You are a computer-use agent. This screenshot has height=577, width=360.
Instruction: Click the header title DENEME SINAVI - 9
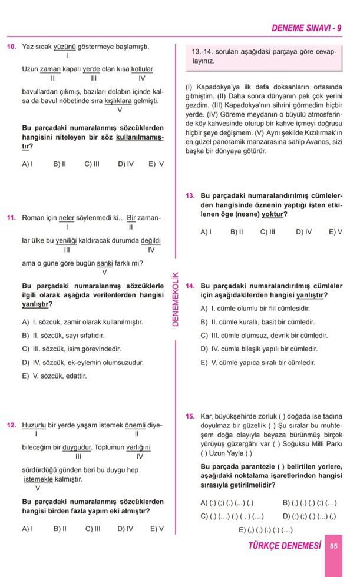point(306,28)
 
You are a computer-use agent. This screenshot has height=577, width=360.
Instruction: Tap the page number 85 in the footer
point(333,546)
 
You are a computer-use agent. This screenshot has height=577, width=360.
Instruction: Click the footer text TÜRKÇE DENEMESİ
point(285,546)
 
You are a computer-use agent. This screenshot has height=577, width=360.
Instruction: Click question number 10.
point(11,46)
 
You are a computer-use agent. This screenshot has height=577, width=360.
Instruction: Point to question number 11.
point(11,218)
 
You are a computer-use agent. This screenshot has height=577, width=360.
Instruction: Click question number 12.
point(11,425)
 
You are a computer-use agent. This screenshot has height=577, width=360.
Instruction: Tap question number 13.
point(190,195)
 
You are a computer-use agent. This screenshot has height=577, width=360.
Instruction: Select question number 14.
point(190,286)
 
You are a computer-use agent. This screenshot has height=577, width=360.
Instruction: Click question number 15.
point(190,416)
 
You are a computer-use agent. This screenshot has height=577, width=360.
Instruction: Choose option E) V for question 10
point(156,164)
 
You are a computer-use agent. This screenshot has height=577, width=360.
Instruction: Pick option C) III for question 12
point(93,529)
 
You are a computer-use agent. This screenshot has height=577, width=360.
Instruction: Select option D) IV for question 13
point(304,232)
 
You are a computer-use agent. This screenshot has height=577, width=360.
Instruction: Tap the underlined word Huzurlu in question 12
point(34,425)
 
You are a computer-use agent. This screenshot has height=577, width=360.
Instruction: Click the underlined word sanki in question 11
point(104,263)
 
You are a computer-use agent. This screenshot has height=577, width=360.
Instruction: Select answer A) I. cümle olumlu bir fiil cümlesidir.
point(255,308)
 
